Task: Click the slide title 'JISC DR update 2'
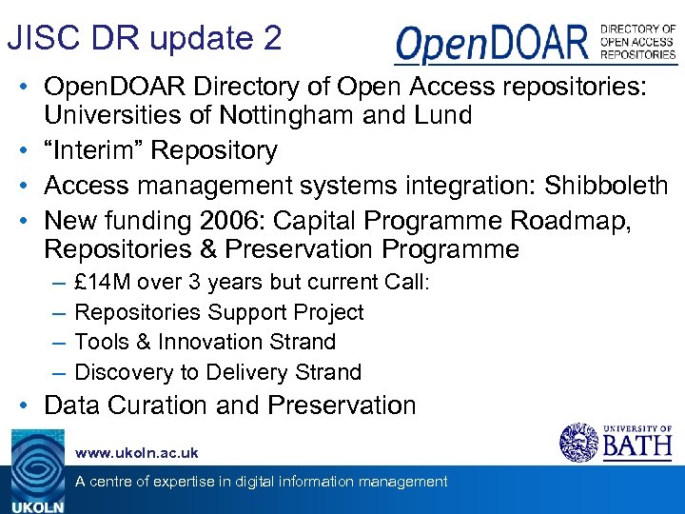(x=145, y=38)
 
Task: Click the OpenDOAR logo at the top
(x=536, y=44)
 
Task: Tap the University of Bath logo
(x=616, y=442)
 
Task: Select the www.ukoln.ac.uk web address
(x=136, y=453)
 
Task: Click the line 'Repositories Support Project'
(x=219, y=312)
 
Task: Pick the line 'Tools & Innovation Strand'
(x=205, y=342)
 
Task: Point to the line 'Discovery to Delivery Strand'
(x=218, y=372)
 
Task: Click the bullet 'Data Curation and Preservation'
(x=230, y=405)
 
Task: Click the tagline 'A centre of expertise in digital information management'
(x=261, y=482)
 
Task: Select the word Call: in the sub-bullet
(x=407, y=283)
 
